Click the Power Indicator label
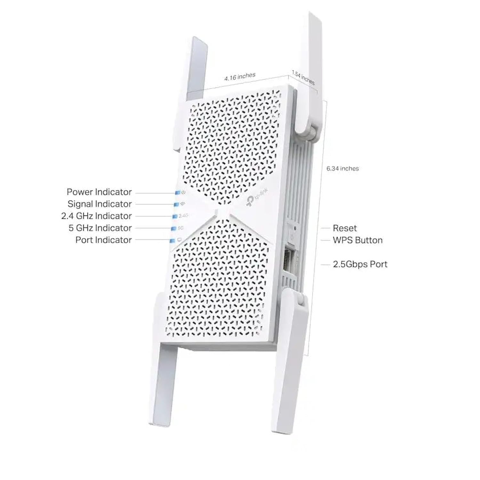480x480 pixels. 99,192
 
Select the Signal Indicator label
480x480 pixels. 100,204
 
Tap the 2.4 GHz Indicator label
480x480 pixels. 96,216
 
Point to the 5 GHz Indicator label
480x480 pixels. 100,228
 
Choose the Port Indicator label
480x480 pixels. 104,240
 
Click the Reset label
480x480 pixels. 345,228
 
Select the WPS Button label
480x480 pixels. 358,240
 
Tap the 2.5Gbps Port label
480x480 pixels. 360,264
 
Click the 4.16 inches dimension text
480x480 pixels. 240,76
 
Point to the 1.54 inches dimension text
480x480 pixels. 303,78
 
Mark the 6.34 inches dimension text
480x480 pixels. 343,169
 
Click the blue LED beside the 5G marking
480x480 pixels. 174,228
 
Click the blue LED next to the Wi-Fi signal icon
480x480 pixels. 176,204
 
